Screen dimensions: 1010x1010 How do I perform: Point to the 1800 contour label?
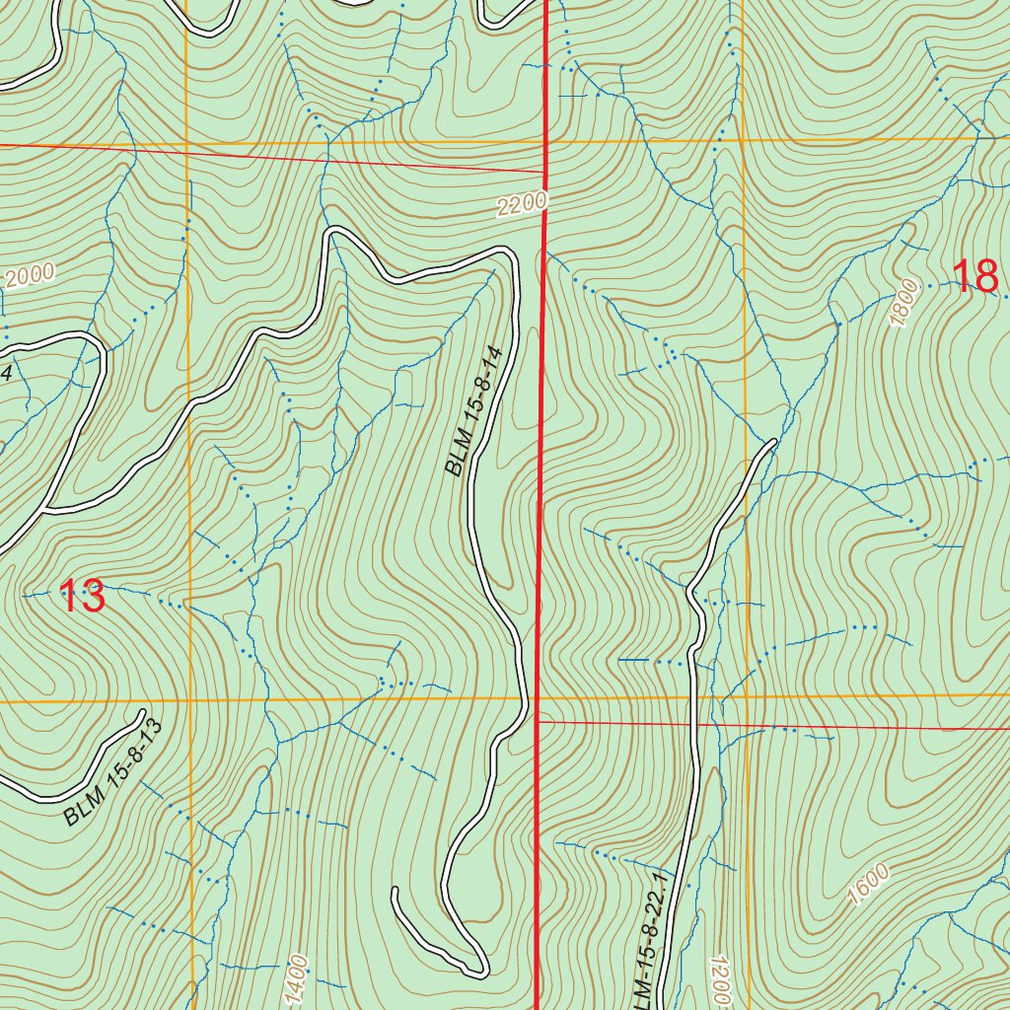point(902,305)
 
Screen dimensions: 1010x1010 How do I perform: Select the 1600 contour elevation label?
point(868,885)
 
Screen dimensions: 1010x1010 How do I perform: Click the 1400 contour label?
point(298,979)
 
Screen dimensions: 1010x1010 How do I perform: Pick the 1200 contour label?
point(717,976)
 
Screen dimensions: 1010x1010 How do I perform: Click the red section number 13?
point(83,597)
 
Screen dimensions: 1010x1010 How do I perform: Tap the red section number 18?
point(975,276)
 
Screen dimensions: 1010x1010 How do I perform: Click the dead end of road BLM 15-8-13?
point(143,713)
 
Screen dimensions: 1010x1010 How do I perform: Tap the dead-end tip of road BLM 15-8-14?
point(395,891)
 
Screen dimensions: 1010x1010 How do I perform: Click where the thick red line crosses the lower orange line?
point(536,699)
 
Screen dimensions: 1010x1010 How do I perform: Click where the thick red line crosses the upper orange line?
point(547,141)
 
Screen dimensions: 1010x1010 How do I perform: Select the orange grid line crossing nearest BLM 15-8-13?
point(188,702)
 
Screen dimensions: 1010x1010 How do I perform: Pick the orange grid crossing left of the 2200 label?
point(186,143)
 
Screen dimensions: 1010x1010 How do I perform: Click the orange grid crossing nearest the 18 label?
point(743,139)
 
